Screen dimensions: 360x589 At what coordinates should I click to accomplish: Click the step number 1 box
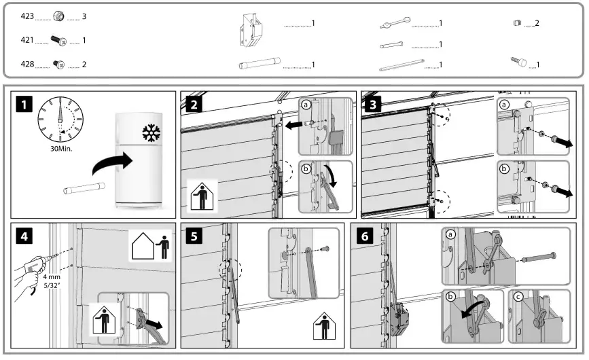click(24, 105)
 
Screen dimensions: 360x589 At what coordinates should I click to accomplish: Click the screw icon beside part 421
click(60, 41)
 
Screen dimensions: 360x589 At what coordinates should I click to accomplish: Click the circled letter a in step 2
click(307, 105)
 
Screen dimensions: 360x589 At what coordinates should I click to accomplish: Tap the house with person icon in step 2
click(201, 196)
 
